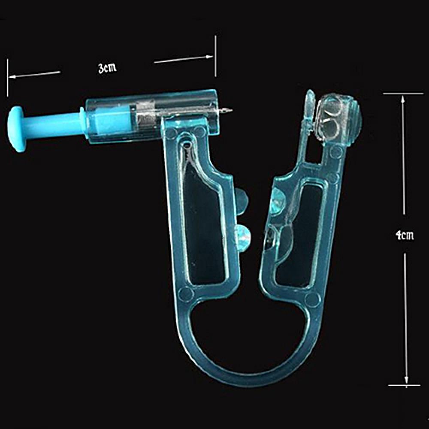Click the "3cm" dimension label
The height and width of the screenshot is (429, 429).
107,68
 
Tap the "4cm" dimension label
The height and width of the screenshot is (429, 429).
404,234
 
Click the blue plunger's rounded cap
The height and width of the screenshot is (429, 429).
16,124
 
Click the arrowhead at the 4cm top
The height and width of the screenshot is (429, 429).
403,99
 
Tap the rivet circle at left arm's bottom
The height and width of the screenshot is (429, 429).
186,293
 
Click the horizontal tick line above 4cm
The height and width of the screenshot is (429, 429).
403,93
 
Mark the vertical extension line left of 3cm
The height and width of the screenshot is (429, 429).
7,77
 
